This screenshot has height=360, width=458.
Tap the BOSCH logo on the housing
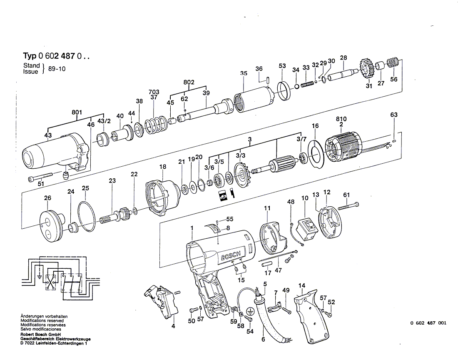[231, 253]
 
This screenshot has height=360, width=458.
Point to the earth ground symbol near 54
[250, 310]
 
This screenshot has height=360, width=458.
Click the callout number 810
[341, 119]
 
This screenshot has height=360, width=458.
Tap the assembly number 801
[77, 112]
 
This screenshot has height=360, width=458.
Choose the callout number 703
[154, 92]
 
